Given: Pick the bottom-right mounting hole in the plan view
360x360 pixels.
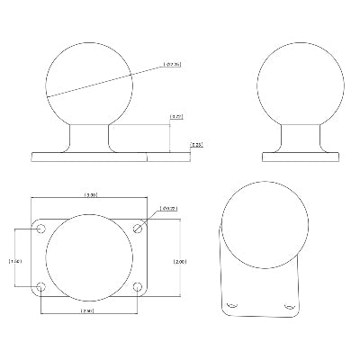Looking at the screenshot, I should point(138,288).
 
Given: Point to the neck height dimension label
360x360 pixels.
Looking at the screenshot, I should point(176,117).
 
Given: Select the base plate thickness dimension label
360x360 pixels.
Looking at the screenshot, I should point(195,144).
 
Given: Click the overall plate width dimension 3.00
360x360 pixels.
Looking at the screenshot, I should point(90,194).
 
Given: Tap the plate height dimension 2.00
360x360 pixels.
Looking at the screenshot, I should point(179,260).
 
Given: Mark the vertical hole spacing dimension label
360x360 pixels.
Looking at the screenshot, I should point(13,260).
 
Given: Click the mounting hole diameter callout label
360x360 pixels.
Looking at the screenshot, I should point(166,209).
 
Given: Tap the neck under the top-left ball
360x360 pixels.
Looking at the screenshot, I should point(90,137).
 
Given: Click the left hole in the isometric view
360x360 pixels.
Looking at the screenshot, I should point(232,306).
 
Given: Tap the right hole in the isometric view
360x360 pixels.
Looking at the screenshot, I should point(289,306).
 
